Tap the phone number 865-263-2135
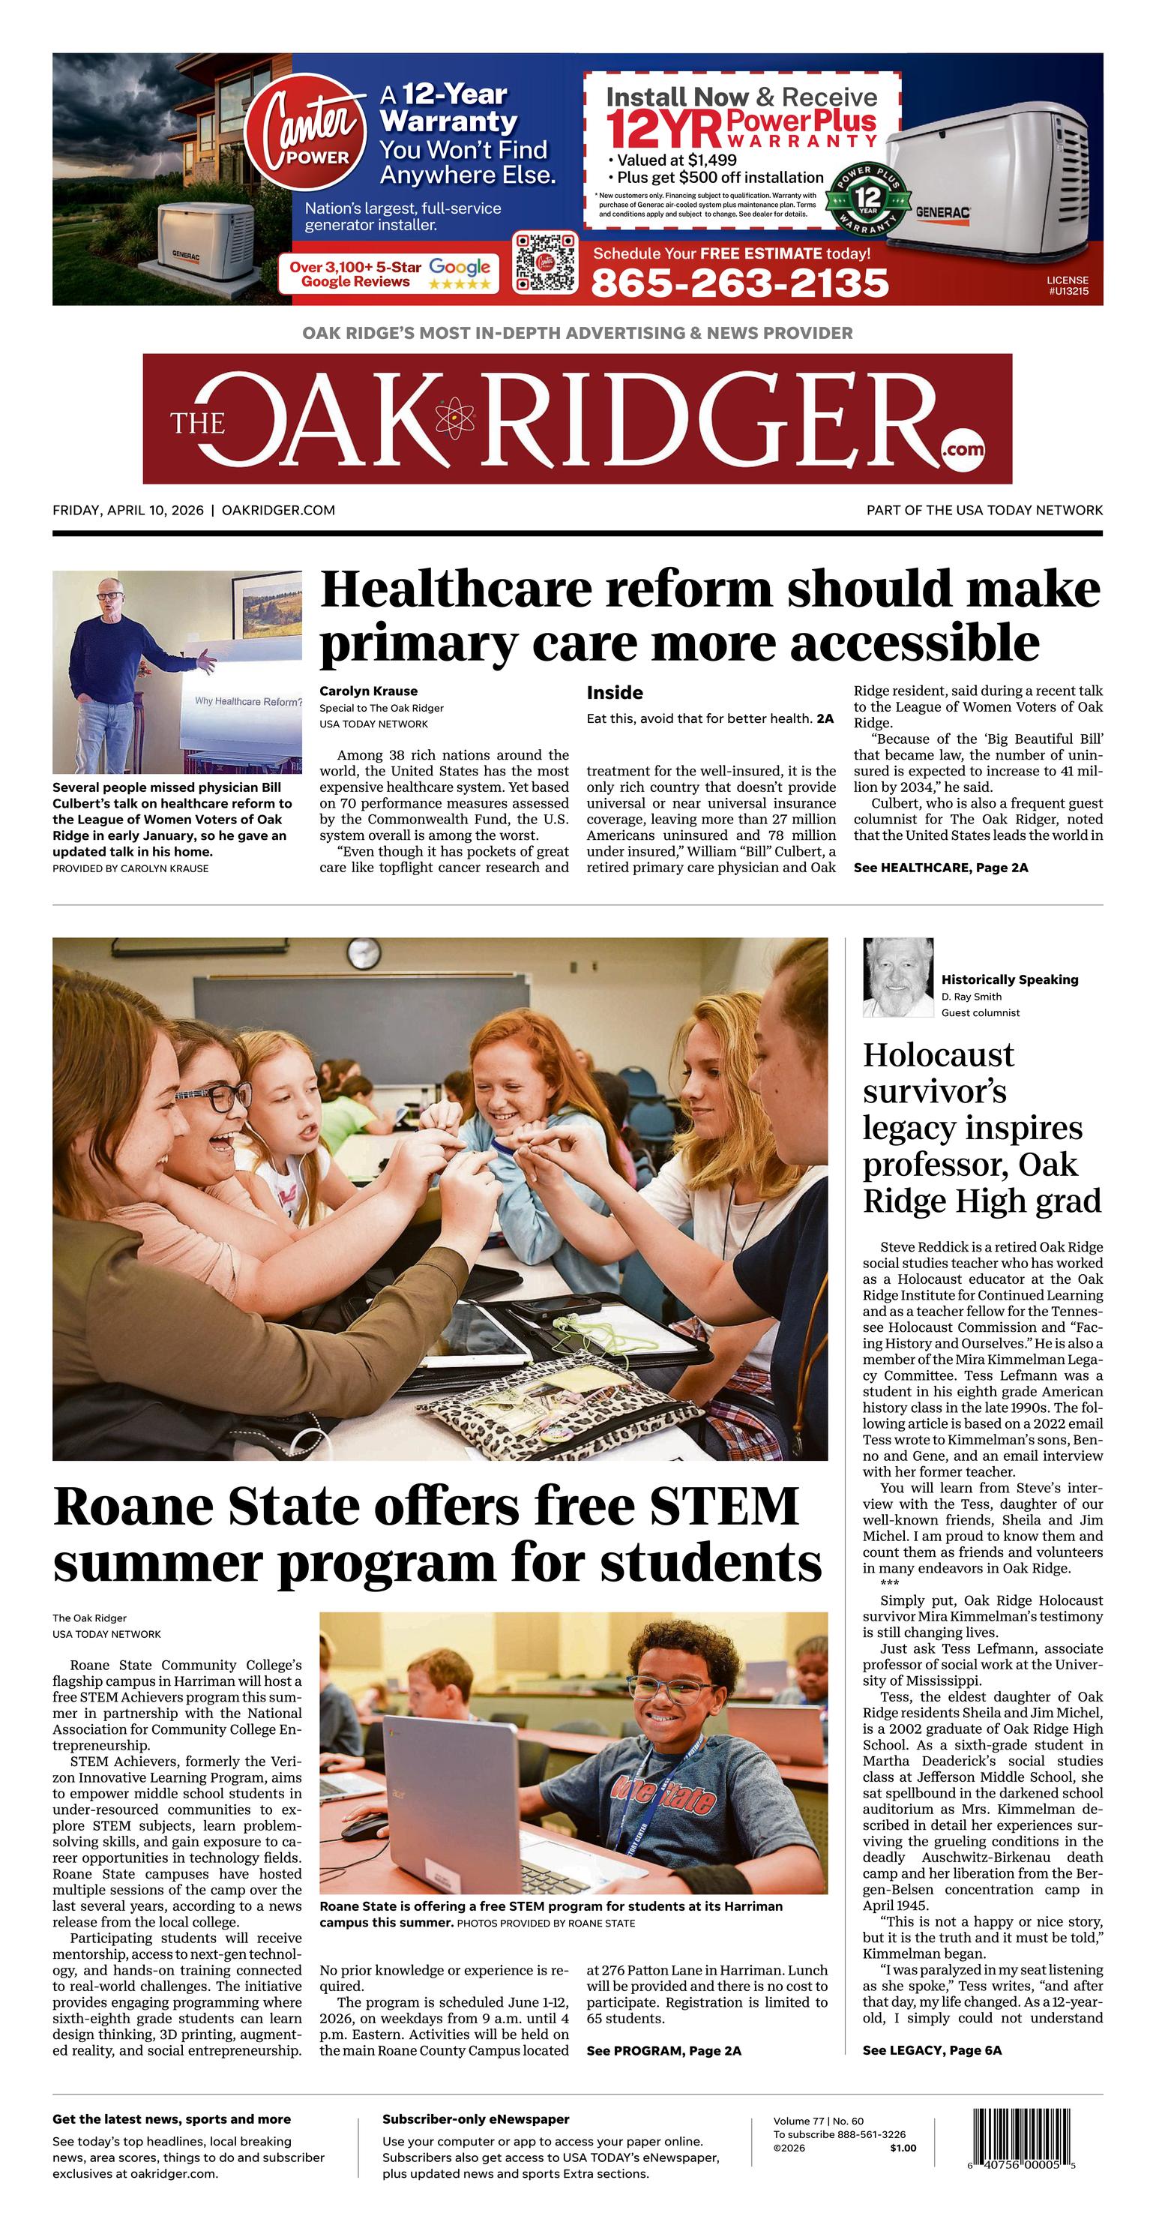point(740,283)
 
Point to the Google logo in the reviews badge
point(460,267)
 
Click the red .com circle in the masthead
point(962,448)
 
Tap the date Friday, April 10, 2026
point(127,511)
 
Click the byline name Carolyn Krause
point(369,691)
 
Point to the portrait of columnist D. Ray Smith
point(897,976)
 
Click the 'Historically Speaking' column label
point(1010,979)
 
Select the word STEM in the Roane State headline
point(723,1507)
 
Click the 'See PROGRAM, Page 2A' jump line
point(663,2051)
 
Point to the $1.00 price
point(902,2149)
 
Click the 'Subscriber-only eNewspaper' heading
point(475,2119)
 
